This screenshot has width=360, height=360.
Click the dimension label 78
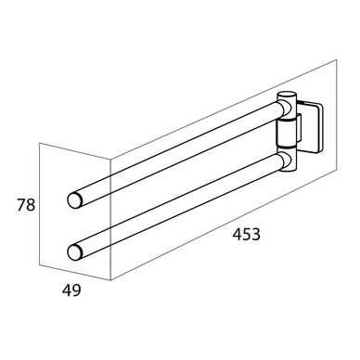26,205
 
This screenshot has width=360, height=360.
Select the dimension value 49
71,290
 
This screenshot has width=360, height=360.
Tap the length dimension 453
247,234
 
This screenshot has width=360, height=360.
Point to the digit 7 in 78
21,205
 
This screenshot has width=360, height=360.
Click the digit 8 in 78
32,205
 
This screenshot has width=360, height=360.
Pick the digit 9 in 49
76,290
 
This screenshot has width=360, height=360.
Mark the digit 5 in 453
247,235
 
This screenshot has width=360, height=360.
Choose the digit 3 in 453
256,235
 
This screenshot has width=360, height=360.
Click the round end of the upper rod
74,199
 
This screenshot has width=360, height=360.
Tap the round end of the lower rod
74,252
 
